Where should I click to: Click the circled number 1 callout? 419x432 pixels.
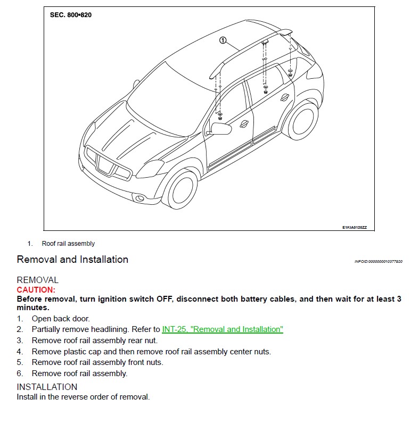pyautogui.click(x=223, y=40)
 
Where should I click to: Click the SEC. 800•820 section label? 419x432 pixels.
pyautogui.click(x=71, y=15)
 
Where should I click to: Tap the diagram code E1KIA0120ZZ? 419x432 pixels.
pyautogui.click(x=355, y=227)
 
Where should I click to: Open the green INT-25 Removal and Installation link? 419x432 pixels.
pyautogui.click(x=223, y=329)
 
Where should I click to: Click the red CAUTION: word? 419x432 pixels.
pyautogui.click(x=36, y=290)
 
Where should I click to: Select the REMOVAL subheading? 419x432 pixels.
pyautogui.click(x=37, y=280)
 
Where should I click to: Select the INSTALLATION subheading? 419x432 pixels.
pyautogui.click(x=47, y=387)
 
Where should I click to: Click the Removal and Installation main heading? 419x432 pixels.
pyautogui.click(x=72, y=260)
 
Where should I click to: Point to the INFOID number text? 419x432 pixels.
pyautogui.click(x=379, y=261)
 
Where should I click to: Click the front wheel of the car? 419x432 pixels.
pyautogui.click(x=182, y=189)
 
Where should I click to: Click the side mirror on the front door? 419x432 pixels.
pyautogui.click(x=220, y=129)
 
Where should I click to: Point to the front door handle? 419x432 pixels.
pyautogui.click(x=244, y=124)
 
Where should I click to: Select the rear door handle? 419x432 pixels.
pyautogui.click(x=285, y=97)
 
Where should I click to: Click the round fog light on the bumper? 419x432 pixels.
pyautogui.click(x=140, y=198)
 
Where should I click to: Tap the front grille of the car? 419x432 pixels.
pyautogui.click(x=108, y=164)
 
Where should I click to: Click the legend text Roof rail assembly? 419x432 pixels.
pyautogui.click(x=68, y=244)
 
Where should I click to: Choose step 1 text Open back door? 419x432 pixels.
pyautogui.click(x=61, y=319)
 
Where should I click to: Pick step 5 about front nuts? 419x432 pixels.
pyautogui.click(x=97, y=362)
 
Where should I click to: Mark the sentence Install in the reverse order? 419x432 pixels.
pyautogui.click(x=83, y=397)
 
